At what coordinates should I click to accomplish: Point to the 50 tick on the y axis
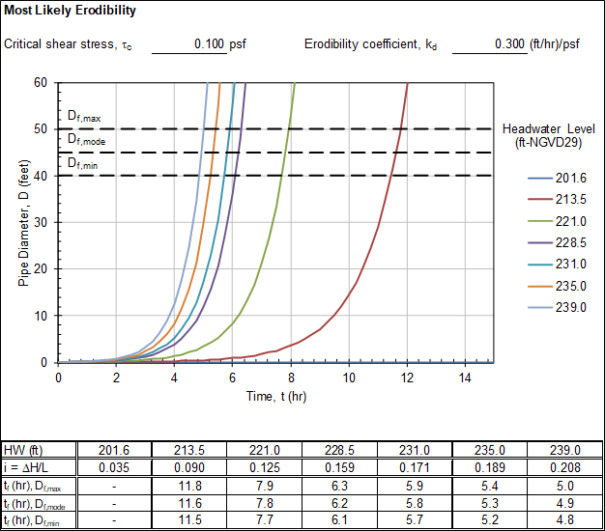tap(41, 128)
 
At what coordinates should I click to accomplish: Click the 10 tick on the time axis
tap(349, 377)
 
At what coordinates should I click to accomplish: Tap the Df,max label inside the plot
tap(83, 117)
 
